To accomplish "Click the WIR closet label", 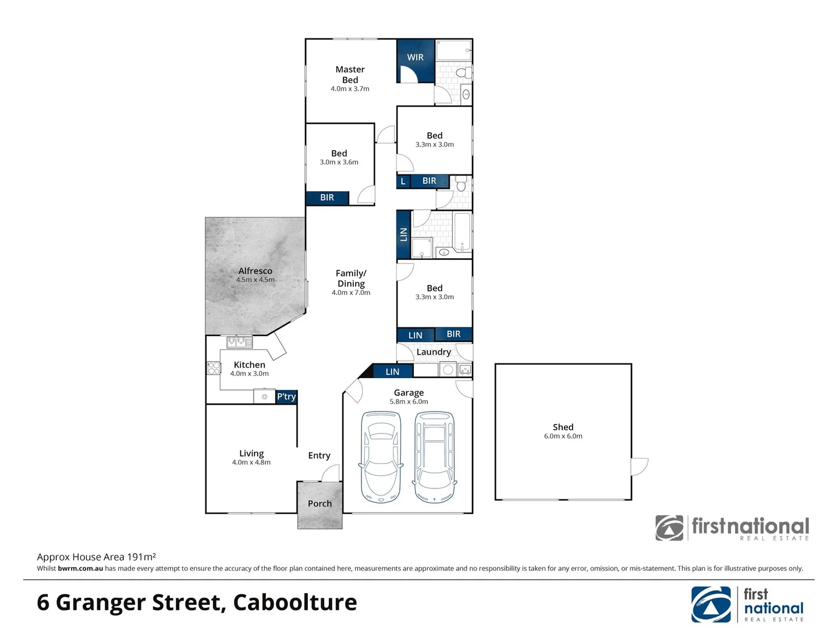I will click(415, 57).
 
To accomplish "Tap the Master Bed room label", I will click(350, 74).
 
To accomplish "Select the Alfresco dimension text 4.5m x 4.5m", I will click(255, 280).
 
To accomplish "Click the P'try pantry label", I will click(286, 397).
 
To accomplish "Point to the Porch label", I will click(319, 504).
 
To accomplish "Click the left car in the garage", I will click(381, 457).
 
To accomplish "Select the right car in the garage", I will click(434, 457).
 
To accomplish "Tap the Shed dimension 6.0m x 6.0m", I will click(563, 436).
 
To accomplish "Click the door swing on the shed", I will click(640, 466).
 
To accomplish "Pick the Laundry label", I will click(434, 352).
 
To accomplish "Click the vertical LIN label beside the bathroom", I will click(403, 234).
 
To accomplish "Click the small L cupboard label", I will click(403, 181).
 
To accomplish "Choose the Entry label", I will click(319, 455).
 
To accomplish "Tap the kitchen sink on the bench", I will click(239, 342).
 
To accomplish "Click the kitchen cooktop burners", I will click(214, 368).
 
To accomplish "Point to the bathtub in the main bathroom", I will click(463, 233).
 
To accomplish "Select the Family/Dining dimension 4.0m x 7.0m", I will click(351, 292).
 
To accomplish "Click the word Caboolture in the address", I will click(295, 602).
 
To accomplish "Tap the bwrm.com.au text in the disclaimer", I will click(80, 569).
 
